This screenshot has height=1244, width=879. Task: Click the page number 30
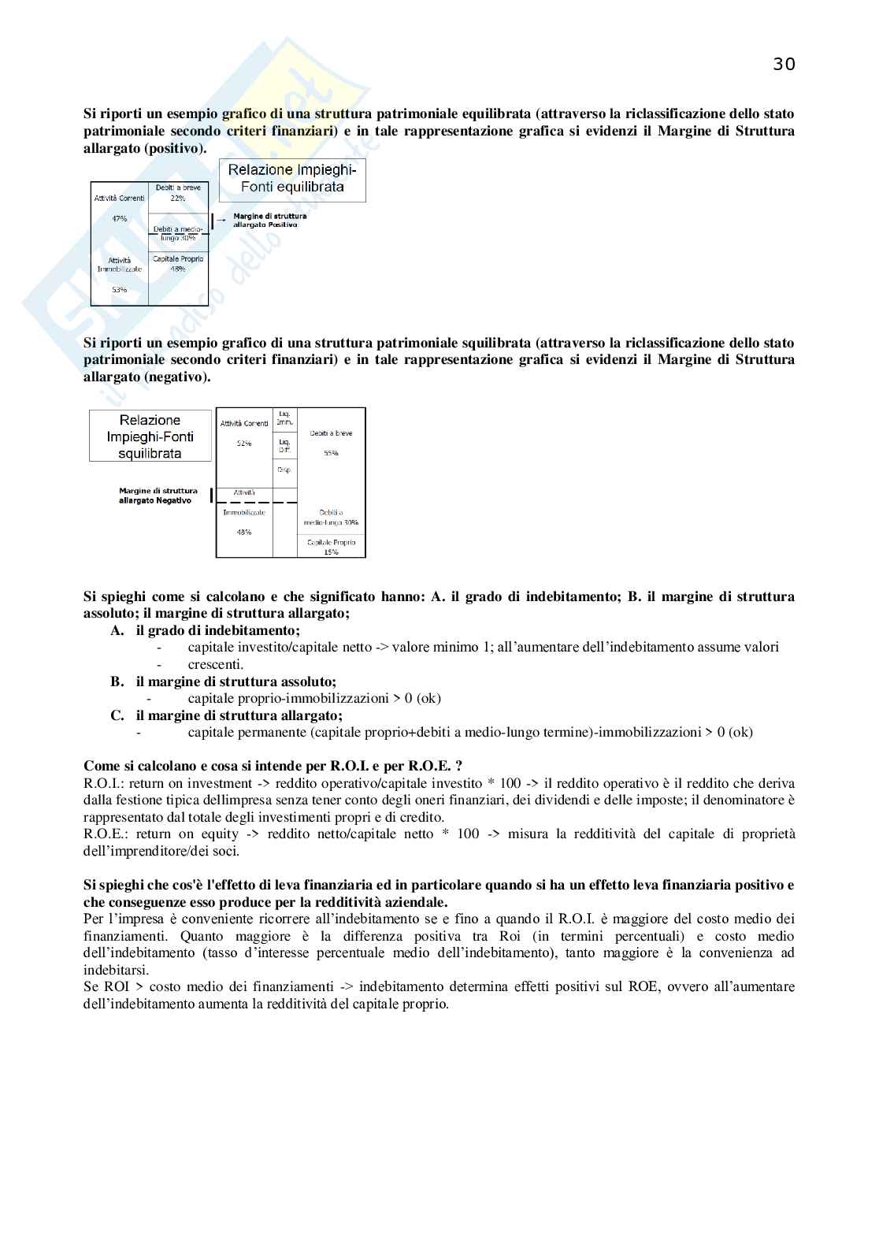784,65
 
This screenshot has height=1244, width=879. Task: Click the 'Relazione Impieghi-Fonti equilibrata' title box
292,179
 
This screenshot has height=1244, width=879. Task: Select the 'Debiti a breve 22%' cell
178,193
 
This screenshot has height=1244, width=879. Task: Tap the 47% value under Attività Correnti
119,218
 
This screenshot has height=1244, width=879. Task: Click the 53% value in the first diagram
119,289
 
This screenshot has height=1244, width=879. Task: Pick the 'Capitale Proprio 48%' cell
178,263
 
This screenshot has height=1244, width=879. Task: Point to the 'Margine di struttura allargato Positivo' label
269,220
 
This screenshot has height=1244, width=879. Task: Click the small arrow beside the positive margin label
221,220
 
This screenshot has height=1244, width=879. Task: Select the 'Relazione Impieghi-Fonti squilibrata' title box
150,436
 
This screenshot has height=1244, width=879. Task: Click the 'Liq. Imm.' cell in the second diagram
284,418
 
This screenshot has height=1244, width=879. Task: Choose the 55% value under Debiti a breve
331,453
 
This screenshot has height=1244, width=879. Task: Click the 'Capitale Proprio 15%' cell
331,547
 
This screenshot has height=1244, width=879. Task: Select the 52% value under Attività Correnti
244,444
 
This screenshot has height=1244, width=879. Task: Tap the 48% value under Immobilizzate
244,532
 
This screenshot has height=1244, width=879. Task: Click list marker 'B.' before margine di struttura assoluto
117,681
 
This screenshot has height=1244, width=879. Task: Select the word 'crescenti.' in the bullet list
215,664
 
